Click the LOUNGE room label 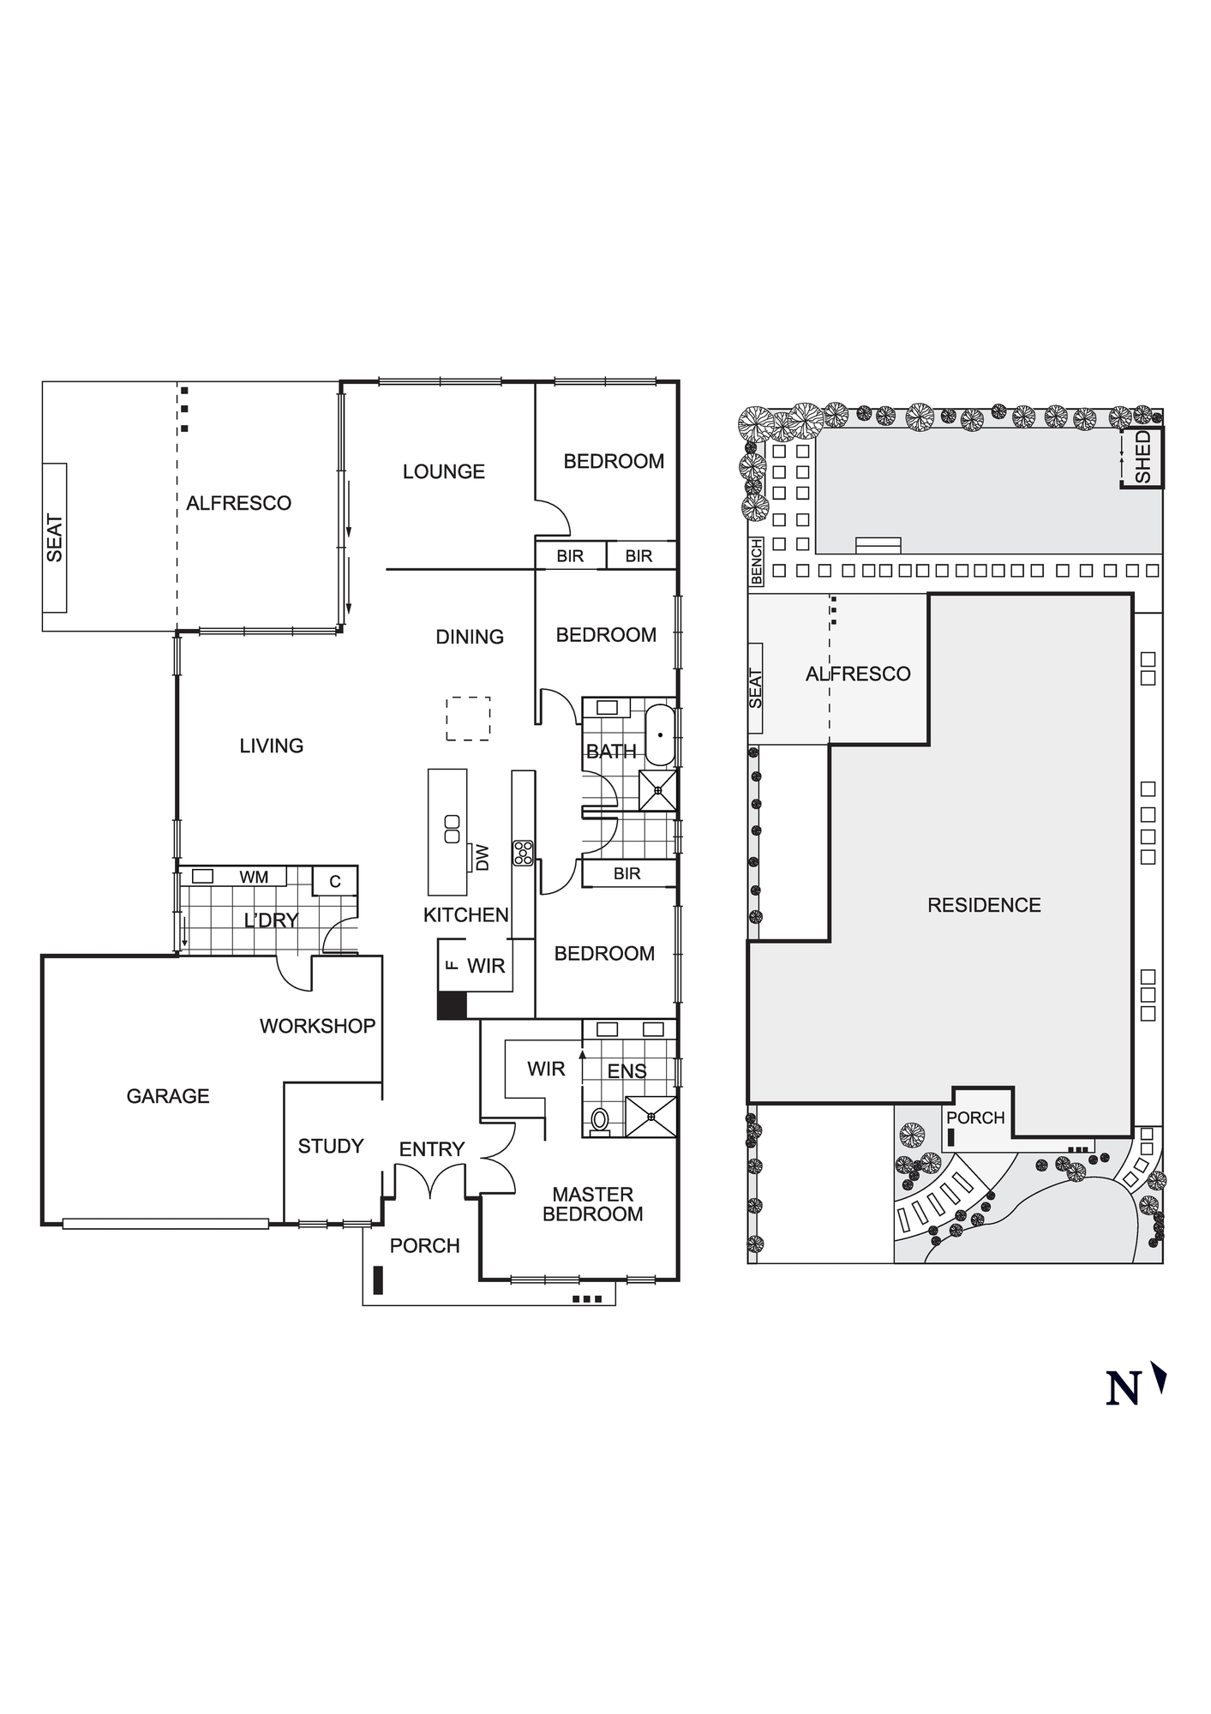coord(444,471)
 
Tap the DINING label coord(470,637)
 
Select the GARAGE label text coord(168,1096)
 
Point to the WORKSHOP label coord(318,1026)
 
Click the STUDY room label coord(331,1146)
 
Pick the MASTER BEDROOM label coord(593,1204)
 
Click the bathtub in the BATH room coord(660,735)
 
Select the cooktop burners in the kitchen coord(523,853)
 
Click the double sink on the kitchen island coord(452,829)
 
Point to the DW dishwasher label coord(482,857)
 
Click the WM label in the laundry coord(254,877)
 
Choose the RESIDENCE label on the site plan coord(984,905)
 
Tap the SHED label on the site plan coord(1142,457)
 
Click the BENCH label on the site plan coord(756,562)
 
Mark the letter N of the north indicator coord(1123,1388)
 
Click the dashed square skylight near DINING coord(468,718)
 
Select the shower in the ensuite coord(650,1117)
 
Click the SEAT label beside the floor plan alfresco coord(55,538)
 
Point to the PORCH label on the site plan coord(975,1118)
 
